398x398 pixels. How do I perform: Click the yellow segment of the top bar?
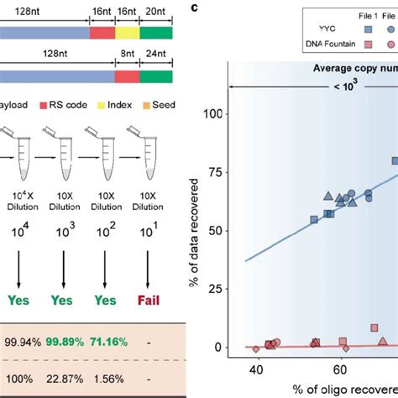point(126,32)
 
